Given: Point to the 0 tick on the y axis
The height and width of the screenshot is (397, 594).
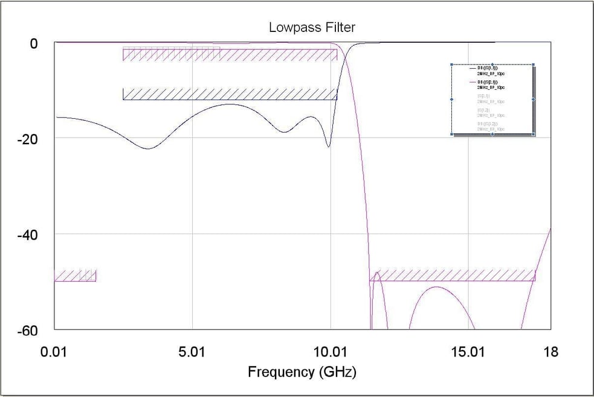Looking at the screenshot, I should tap(34, 43).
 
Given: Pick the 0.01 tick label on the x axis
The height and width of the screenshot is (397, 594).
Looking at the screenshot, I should tap(55, 352).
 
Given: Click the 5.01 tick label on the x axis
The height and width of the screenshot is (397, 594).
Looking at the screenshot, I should tap(193, 352).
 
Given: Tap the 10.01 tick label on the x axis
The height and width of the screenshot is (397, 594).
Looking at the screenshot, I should tap(331, 352).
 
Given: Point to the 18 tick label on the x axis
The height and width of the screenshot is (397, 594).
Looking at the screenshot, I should tap(550, 352).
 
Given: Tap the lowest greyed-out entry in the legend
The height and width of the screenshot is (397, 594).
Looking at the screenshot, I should tap(491, 126).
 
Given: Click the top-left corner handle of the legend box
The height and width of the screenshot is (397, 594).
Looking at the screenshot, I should tap(452, 65).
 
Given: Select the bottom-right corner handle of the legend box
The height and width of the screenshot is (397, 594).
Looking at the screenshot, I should tap(533, 134).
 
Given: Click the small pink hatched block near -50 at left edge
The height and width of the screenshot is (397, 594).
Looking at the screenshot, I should tap(75, 276).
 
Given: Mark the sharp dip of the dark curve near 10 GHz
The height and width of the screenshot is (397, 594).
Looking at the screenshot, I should tap(328, 147).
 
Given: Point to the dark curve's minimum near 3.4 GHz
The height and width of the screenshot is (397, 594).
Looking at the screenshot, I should tap(147, 148).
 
